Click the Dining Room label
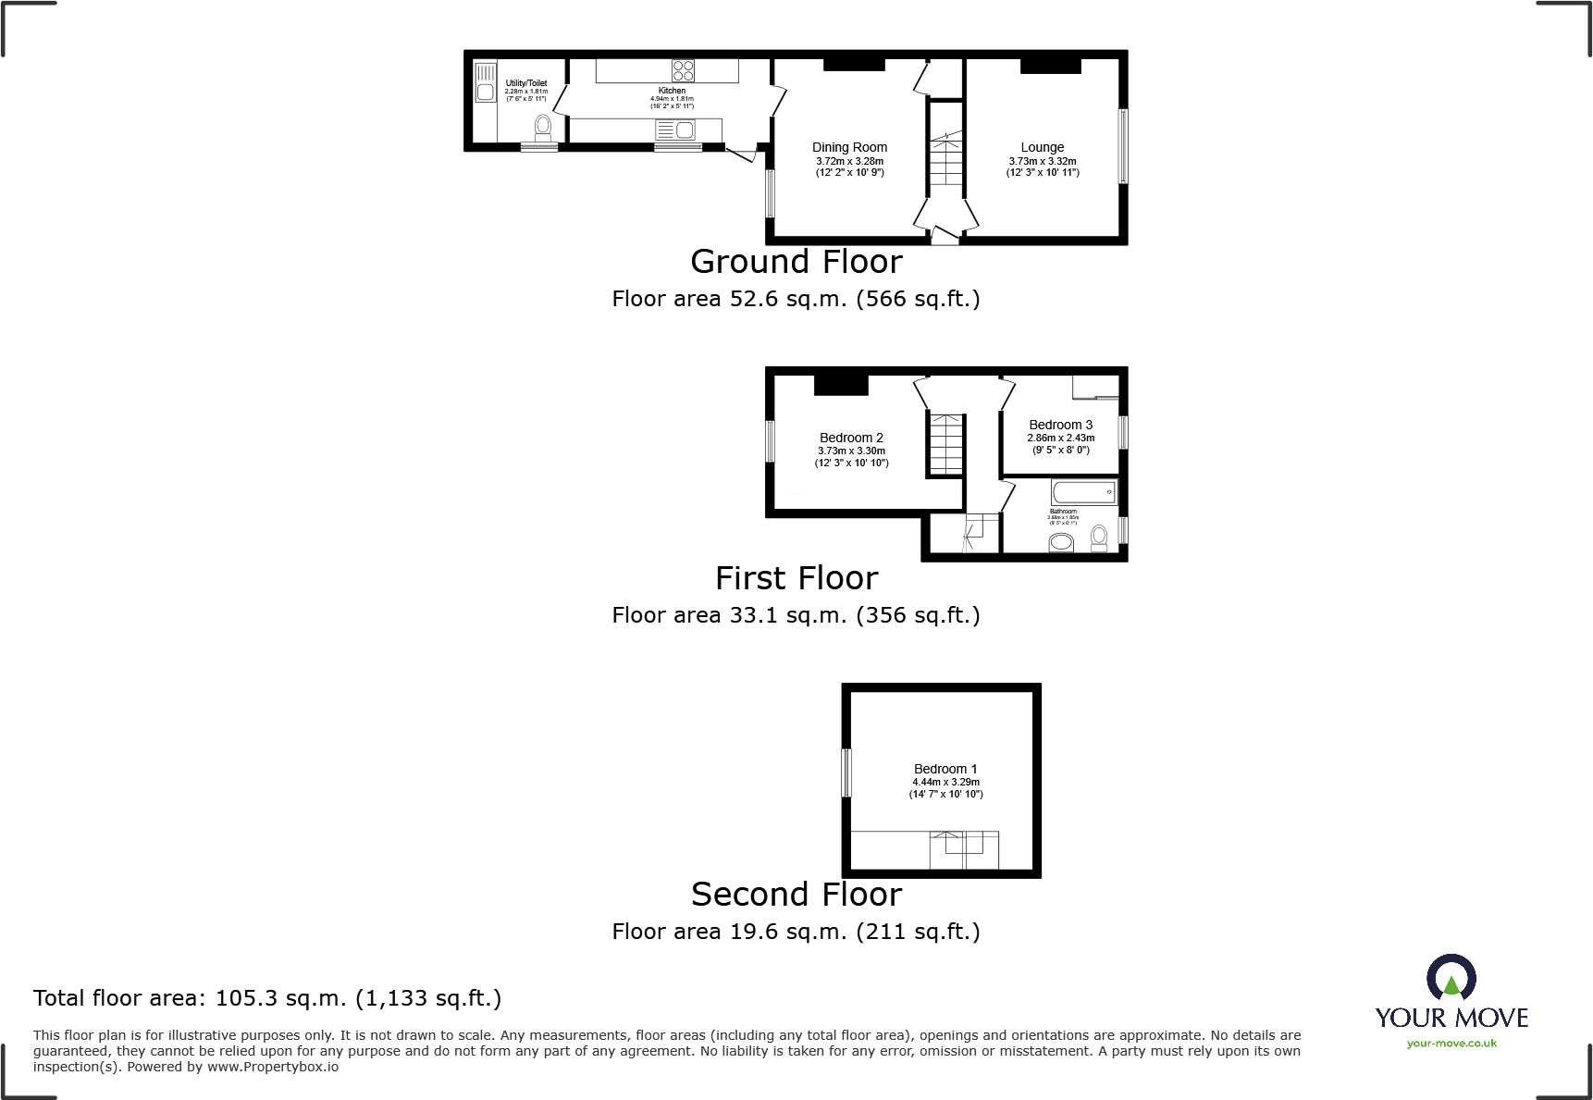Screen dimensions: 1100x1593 tap(849, 147)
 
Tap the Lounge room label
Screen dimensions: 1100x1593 tap(1042, 147)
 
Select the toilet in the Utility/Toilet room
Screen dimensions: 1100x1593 tap(543, 127)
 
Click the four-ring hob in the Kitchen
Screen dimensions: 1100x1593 tap(683, 70)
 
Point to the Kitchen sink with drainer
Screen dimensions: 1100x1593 tap(675, 130)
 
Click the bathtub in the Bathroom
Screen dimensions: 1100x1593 tap(1084, 491)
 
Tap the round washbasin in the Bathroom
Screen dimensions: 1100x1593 tap(1061, 542)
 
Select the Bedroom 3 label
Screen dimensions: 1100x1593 tap(1060, 425)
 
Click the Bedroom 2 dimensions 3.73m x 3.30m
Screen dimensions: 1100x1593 tap(851, 451)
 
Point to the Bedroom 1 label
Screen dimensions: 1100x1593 tap(945, 769)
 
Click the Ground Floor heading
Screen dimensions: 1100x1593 tap(796, 262)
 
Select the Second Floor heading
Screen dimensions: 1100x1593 tap(796, 895)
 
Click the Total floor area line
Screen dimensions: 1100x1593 tap(267, 998)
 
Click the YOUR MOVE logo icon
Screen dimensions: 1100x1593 tap(1451, 977)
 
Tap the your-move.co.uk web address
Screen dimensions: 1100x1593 tap(1451, 1044)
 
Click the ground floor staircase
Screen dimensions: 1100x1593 tap(945, 163)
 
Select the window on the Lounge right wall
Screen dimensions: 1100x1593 tap(1123, 146)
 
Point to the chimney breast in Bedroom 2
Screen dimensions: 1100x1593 tap(841, 384)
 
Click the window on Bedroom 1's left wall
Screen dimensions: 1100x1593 tap(846, 772)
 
